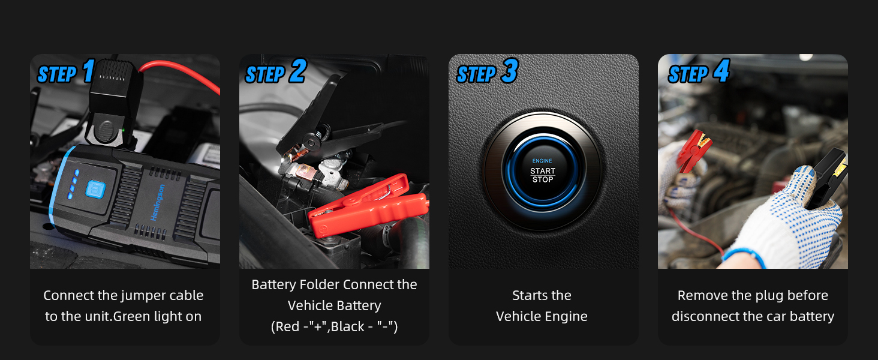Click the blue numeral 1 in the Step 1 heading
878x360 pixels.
[x=89, y=71]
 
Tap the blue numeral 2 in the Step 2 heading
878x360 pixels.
[x=297, y=71]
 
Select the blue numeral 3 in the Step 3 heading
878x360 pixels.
[x=510, y=71]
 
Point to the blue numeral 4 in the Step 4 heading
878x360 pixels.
[x=721, y=71]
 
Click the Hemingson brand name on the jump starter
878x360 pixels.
[x=158, y=202]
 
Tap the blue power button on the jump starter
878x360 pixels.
[x=95, y=189]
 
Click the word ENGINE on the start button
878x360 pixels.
[x=542, y=161]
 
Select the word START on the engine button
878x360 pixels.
[x=543, y=171]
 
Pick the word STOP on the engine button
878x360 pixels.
[x=543, y=179]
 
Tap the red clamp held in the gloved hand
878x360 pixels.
[x=693, y=151]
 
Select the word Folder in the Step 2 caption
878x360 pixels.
[x=320, y=284]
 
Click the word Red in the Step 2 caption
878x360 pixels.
[x=287, y=326]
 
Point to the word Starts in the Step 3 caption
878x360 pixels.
[x=527, y=295]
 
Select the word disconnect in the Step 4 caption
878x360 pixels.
[x=705, y=316]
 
